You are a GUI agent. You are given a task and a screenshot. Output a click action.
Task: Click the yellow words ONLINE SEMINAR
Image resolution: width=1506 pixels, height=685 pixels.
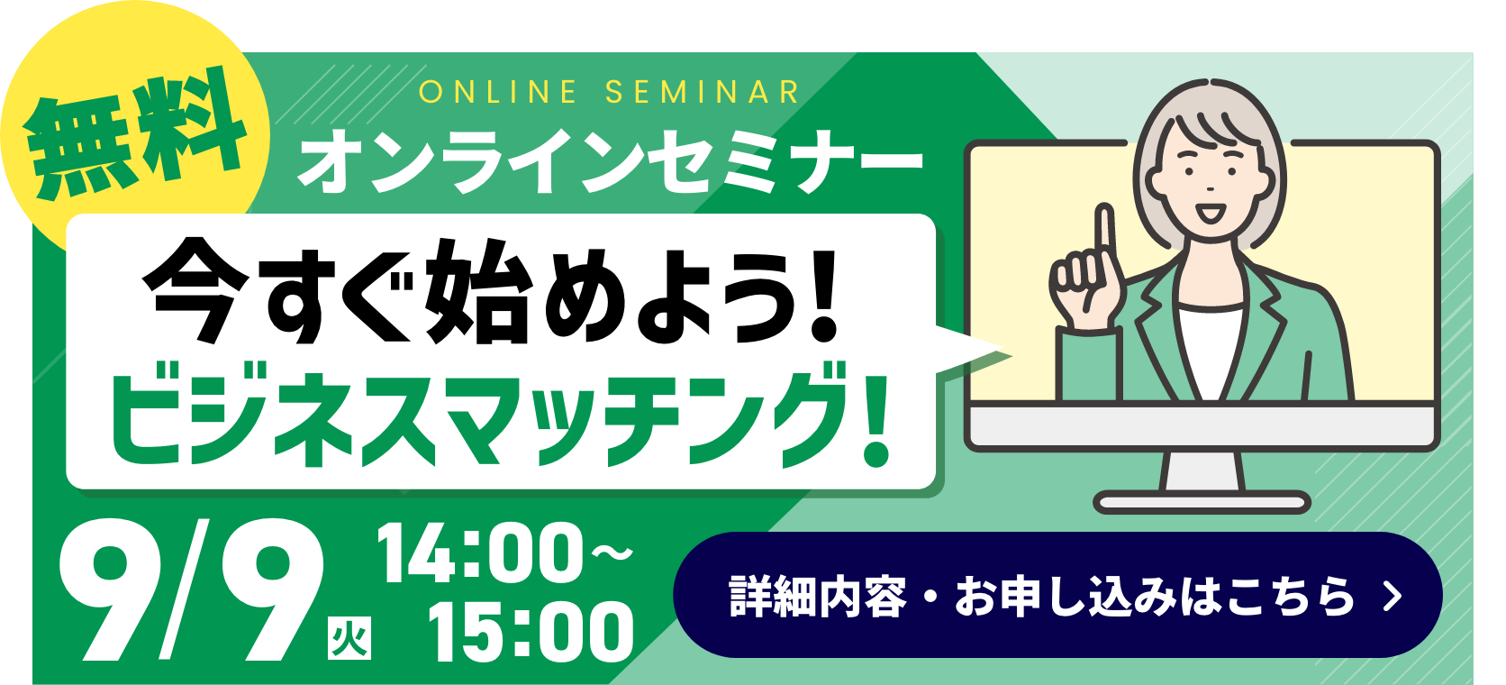coord(609,92)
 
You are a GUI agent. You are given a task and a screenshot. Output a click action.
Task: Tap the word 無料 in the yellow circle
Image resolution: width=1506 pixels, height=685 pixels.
coord(134,133)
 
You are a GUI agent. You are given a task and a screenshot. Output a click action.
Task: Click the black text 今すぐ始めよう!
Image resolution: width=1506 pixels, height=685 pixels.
coord(491,291)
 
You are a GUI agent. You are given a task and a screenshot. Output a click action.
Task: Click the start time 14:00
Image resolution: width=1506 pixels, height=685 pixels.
coord(481,553)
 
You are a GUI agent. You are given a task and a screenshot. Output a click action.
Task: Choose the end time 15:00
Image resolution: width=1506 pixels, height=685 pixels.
coord(531,632)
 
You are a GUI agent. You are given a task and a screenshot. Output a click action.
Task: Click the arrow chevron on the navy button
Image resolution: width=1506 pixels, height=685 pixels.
coord(1393,596)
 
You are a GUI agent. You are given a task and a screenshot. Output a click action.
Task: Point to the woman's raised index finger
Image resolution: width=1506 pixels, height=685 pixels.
coord(1104,233)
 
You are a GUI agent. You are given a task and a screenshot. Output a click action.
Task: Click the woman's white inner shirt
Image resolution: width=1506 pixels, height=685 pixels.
coord(1210,353)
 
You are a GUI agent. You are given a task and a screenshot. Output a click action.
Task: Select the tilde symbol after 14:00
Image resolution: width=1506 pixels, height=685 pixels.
coord(612,553)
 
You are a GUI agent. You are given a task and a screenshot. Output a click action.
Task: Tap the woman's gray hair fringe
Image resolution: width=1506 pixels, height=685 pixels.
coord(1211,124)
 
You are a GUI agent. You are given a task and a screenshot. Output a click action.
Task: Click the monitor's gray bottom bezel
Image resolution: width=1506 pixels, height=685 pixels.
coord(1202,426)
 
